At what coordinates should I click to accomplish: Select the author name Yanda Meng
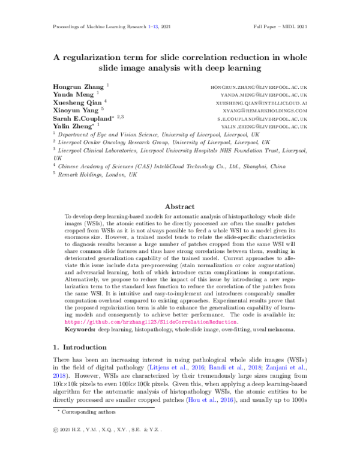(x=67, y=95)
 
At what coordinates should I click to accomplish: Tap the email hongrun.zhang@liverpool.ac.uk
(x=259, y=88)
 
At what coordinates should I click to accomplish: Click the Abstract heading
(x=179, y=205)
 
